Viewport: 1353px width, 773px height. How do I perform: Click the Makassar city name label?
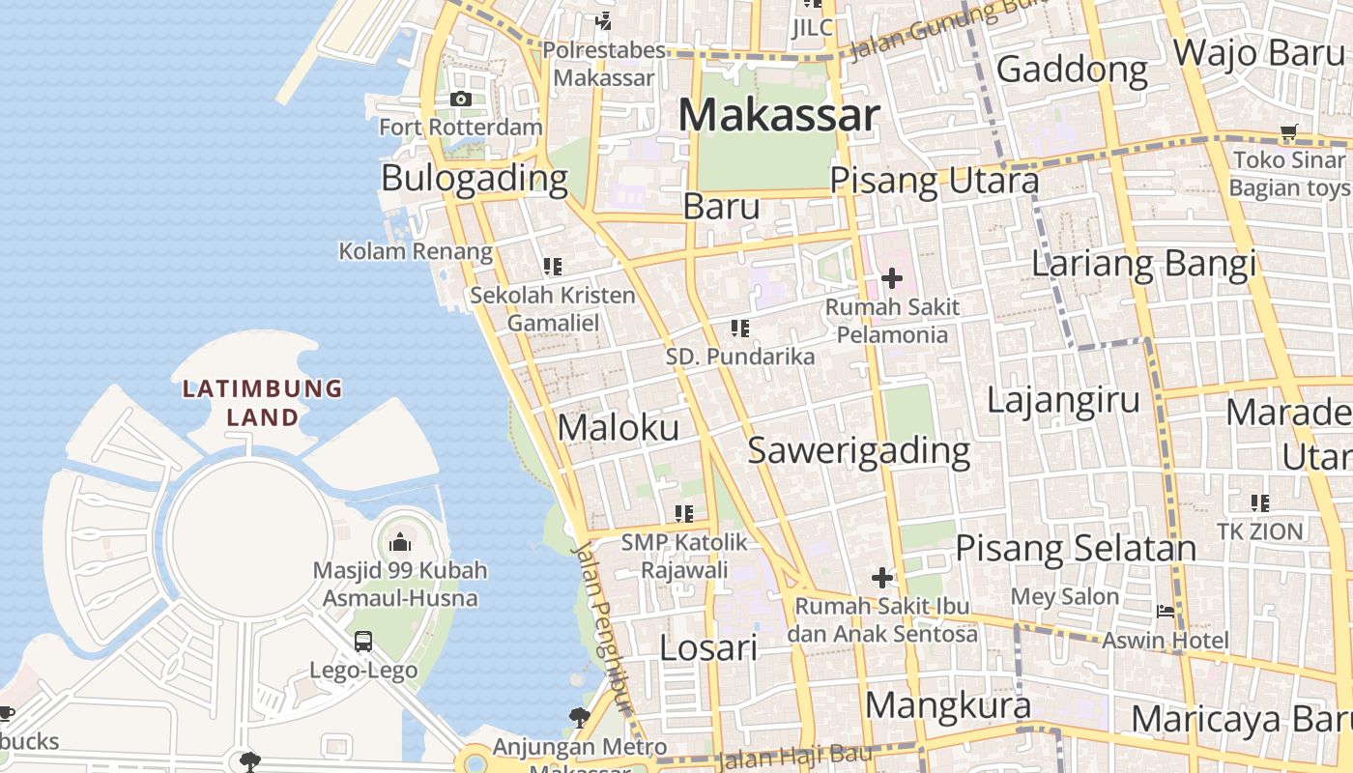pos(779,115)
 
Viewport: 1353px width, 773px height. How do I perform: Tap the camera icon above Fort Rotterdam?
pos(461,99)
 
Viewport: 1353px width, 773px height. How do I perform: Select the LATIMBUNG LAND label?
pos(263,403)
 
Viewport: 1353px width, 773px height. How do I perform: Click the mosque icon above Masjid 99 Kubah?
pos(400,542)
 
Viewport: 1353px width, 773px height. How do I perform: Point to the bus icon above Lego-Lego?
pos(363,641)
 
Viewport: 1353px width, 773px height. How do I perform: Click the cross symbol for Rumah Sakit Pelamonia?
pos(891,279)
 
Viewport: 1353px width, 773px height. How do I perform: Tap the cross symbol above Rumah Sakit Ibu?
pos(881,578)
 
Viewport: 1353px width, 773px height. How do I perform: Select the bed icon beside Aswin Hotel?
pos(1166,612)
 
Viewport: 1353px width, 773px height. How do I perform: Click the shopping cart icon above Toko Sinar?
pos(1288,132)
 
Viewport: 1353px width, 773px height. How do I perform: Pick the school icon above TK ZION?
pos(1259,502)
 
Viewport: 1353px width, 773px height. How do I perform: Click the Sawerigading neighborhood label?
pos(859,450)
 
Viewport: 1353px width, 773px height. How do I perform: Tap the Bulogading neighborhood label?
pos(475,178)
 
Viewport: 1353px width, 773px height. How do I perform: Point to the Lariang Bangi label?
pos(1144,263)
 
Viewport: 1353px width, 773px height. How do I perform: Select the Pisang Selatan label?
pos(1076,548)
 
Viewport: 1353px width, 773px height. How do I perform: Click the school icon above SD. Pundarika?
pos(740,329)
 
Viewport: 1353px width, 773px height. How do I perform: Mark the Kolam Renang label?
pos(416,251)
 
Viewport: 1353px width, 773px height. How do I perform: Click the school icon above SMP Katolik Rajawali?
pos(684,513)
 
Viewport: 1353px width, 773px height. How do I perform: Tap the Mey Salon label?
pos(1065,596)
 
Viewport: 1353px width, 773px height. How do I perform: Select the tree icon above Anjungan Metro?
pos(580,717)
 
